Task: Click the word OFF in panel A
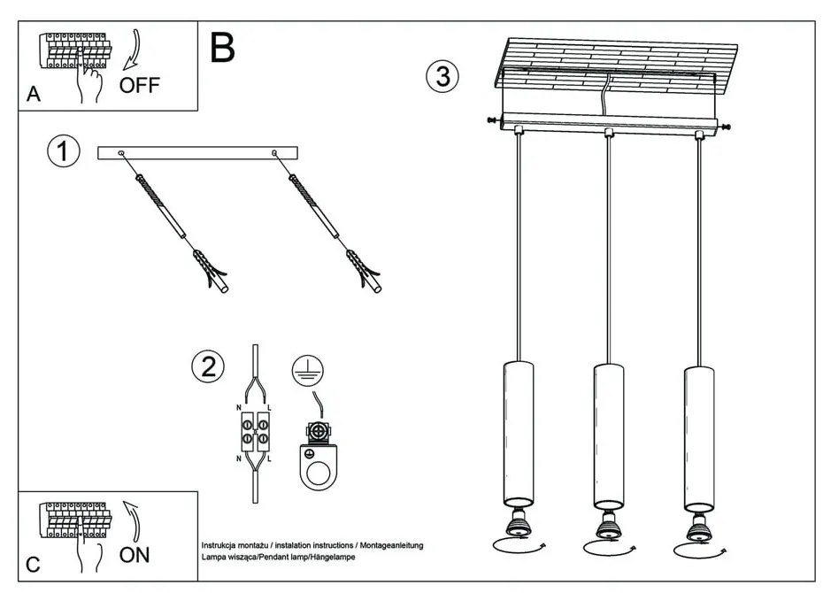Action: point(140,86)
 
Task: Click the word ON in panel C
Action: point(135,555)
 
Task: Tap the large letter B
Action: point(223,48)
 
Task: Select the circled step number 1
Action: point(63,151)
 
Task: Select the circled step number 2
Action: point(209,366)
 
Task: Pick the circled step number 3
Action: point(442,77)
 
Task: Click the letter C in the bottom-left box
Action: point(33,565)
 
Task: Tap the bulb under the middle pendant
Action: point(607,527)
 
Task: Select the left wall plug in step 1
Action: point(211,271)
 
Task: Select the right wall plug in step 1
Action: point(365,271)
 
